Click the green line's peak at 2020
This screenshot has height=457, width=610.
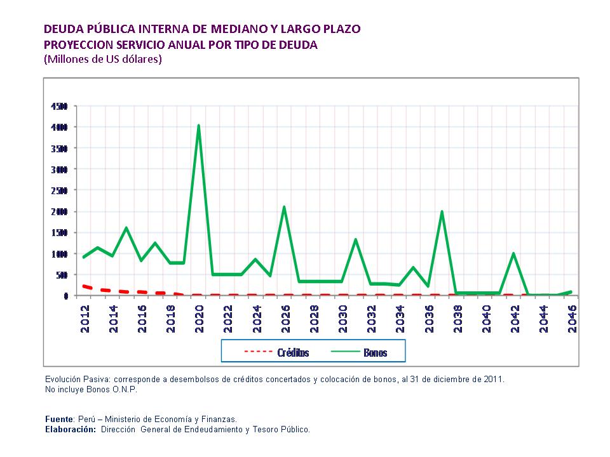pyautogui.click(x=198, y=126)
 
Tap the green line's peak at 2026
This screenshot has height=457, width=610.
pyautogui.click(x=284, y=207)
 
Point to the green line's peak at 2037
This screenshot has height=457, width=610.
pyautogui.click(x=442, y=212)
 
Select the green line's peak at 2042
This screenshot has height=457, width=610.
pyautogui.click(x=513, y=254)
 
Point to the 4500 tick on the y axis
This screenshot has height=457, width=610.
pyautogui.click(x=59, y=106)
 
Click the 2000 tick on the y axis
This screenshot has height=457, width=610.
pyautogui.click(x=59, y=211)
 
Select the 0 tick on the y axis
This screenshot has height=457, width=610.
pyautogui.click(x=65, y=296)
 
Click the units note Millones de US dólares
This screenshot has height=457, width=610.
pyautogui.click(x=103, y=60)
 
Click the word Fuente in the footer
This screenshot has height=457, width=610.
pyautogui.click(x=60, y=419)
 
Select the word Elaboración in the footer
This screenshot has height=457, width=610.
pyautogui.click(x=71, y=430)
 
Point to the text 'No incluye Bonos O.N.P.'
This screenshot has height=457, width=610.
pyautogui.click(x=91, y=390)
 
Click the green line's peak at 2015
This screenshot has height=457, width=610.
pyautogui.click(x=126, y=228)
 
